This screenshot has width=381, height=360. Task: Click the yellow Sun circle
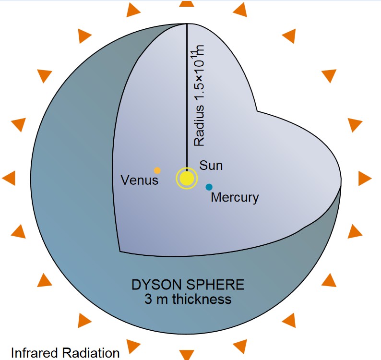click(x=187, y=179)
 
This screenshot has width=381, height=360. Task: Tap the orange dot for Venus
click(x=157, y=170)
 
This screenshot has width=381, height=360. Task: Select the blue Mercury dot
click(x=209, y=187)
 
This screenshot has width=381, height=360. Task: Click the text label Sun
click(x=211, y=166)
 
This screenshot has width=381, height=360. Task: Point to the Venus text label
click(x=140, y=180)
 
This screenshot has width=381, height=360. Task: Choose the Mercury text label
click(x=235, y=197)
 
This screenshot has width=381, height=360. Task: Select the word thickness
click(x=202, y=299)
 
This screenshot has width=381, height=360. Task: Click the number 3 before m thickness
click(x=148, y=299)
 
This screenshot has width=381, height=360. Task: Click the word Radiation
click(x=91, y=353)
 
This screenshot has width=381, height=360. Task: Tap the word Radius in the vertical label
click(x=199, y=125)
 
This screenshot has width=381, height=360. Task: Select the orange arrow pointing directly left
click(x=9, y=178)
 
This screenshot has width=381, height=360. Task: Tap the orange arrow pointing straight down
click(x=187, y=355)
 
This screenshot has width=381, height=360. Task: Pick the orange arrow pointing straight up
click(x=187, y=3)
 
